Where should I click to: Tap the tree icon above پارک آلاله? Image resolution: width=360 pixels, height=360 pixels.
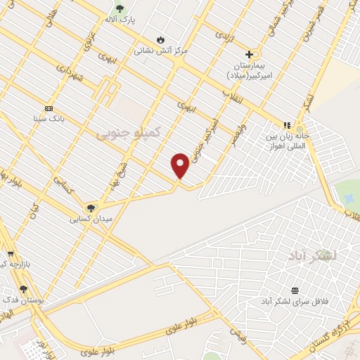[120, 9]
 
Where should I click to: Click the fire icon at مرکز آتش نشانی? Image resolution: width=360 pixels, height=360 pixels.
[160, 39]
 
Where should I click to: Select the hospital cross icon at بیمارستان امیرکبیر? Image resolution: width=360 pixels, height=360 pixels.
[249, 54]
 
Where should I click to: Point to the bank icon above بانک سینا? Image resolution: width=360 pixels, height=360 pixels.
[49, 108]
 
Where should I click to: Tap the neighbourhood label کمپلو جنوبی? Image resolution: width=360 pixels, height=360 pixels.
[129, 131]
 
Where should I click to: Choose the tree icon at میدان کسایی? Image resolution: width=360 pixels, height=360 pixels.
[90, 207]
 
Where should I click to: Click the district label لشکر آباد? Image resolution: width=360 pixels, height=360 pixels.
[312, 255]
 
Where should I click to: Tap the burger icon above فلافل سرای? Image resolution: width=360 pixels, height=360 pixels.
[294, 290]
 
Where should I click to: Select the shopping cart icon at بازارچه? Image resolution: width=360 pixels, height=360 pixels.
[10, 254]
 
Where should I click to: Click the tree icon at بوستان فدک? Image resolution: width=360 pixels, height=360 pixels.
[24, 289]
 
